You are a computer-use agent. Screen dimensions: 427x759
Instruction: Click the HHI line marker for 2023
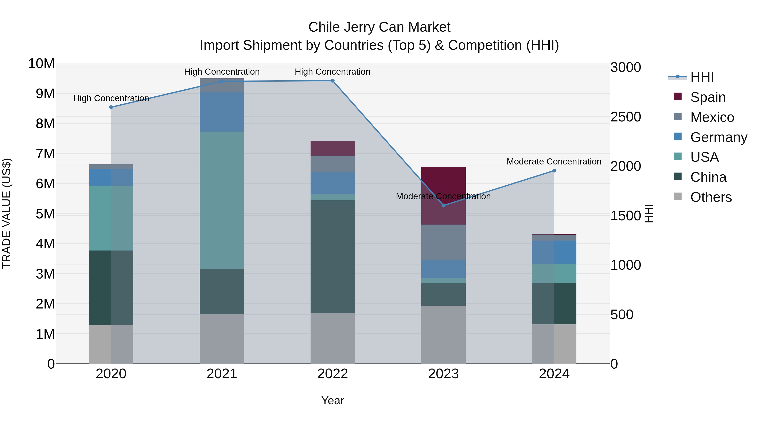[443, 205]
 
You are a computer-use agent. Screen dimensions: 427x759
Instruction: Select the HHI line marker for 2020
[111, 107]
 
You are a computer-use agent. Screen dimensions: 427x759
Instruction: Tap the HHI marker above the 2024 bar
[554, 171]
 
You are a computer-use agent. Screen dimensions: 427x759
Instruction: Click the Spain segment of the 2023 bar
[443, 196]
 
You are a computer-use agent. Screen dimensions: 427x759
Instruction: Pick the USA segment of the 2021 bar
[222, 200]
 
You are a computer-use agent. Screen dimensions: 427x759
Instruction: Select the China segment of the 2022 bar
[333, 256]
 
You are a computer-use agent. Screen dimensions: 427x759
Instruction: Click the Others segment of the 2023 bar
[443, 334]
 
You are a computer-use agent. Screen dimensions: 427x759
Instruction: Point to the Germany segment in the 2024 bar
[554, 252]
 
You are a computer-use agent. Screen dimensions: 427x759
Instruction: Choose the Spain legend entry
[708, 97]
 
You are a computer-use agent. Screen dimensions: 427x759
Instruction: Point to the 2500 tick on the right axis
[625, 117]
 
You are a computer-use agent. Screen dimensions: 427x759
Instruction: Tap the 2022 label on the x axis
[333, 374]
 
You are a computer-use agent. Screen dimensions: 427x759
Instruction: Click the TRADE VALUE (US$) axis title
[7, 213]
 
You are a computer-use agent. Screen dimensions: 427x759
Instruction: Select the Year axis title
[333, 400]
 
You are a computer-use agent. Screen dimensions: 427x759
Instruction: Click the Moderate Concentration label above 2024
[554, 162]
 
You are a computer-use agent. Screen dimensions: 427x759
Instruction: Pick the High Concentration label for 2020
[111, 98]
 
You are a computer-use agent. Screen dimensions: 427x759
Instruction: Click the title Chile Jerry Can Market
[379, 27]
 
